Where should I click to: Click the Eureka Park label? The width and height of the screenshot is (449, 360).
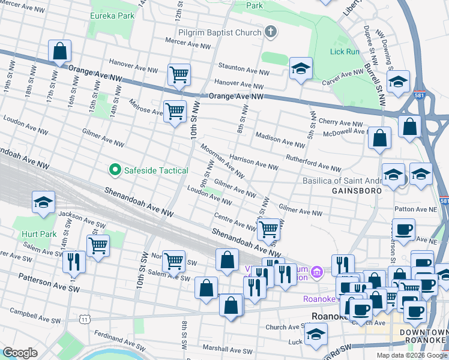tap(113, 16)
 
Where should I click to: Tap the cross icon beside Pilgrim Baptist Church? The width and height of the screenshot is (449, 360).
tap(271, 31)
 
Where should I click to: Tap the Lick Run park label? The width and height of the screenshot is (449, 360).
tap(345, 52)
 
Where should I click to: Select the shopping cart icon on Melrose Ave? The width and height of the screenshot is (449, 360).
tap(175, 111)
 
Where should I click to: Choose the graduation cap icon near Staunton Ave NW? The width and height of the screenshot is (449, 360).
tap(301, 69)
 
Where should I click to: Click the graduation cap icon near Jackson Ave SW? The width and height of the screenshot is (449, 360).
tap(44, 203)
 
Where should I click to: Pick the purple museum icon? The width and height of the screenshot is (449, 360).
tap(317, 273)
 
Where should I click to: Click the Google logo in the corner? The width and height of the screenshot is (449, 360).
tap(20, 353)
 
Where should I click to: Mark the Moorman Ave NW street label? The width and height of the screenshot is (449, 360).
tap(222, 163)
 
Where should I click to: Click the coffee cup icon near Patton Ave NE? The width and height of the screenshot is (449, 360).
tap(403, 229)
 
